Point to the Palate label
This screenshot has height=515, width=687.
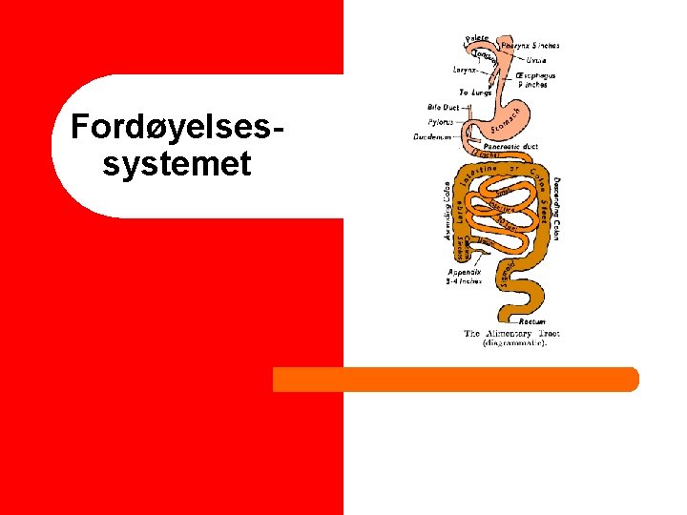coord(477,37)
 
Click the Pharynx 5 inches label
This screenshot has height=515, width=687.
coord(530,45)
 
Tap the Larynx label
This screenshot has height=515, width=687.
coord(467,69)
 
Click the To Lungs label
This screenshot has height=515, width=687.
coord(474,93)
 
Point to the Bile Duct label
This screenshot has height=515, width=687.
coord(444,108)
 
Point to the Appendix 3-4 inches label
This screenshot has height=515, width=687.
coord(464,277)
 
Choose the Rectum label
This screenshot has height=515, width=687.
coord(532,322)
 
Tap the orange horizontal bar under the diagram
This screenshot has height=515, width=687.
coord(455,380)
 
